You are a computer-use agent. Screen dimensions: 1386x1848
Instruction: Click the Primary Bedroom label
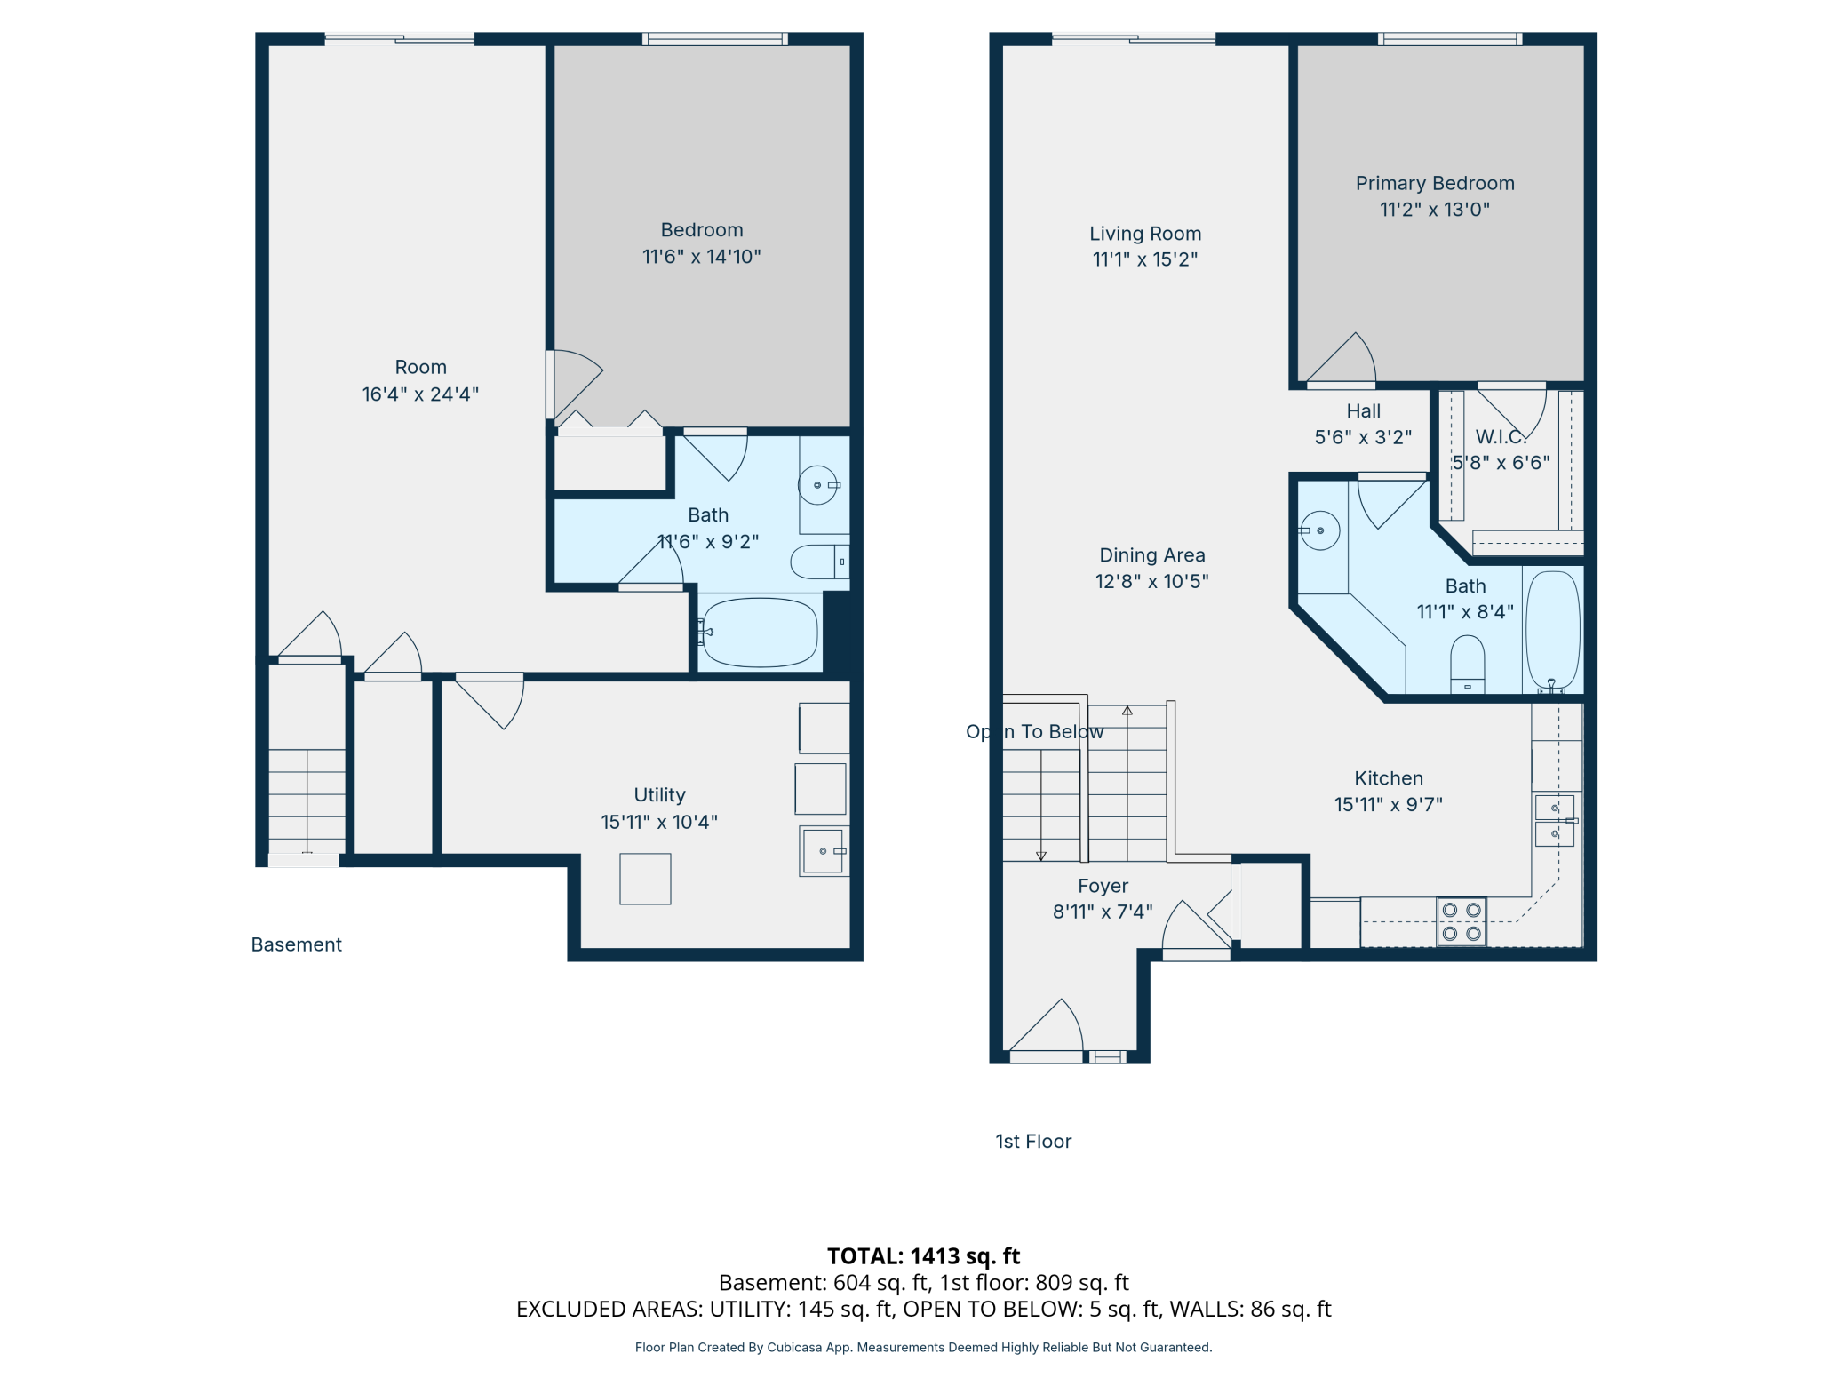[x=1434, y=183]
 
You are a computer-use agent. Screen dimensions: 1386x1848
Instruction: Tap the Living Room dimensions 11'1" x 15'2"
[x=1144, y=259]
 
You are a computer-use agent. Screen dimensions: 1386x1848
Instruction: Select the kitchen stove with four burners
[x=1461, y=922]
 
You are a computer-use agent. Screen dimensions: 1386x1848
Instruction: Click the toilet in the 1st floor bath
[x=1467, y=662]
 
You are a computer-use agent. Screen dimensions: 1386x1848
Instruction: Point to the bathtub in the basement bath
[x=759, y=632]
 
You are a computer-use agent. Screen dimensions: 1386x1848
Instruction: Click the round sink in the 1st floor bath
[x=1320, y=530]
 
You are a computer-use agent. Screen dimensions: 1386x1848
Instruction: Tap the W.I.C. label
[x=1501, y=436]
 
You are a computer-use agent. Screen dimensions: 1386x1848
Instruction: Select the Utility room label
[x=659, y=794]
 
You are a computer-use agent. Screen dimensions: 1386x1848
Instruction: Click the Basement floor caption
[x=296, y=944]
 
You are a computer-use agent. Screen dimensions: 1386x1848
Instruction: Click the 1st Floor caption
[x=1032, y=1142]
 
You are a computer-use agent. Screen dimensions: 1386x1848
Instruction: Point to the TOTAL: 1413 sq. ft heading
[x=923, y=1255]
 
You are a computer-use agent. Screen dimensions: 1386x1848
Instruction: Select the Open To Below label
[x=1034, y=731]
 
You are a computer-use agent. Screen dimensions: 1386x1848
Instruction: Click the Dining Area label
[x=1151, y=555]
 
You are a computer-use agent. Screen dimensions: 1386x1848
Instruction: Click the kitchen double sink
[x=1554, y=821]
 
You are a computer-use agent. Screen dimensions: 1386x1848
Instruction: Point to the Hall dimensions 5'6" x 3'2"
[x=1362, y=437]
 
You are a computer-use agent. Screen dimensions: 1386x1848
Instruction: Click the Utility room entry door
[x=490, y=702]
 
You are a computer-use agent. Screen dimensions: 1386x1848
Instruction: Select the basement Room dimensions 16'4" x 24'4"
[x=420, y=394]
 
